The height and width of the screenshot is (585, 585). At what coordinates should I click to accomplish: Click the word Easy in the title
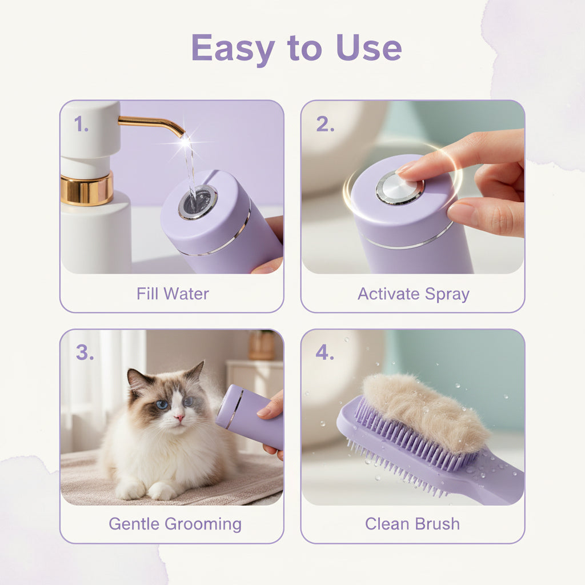click(233, 48)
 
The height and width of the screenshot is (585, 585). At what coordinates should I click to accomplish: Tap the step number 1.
click(81, 125)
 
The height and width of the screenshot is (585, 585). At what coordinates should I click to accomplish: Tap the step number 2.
click(324, 125)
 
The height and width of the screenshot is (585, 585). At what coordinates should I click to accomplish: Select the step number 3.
click(84, 353)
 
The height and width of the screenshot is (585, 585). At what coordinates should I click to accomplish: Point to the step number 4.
click(324, 353)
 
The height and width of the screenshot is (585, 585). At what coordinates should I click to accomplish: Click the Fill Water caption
click(173, 294)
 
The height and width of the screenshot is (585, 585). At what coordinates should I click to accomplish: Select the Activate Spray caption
click(413, 294)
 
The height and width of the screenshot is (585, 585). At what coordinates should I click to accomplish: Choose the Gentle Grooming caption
click(175, 523)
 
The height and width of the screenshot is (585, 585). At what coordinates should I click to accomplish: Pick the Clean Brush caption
click(412, 523)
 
